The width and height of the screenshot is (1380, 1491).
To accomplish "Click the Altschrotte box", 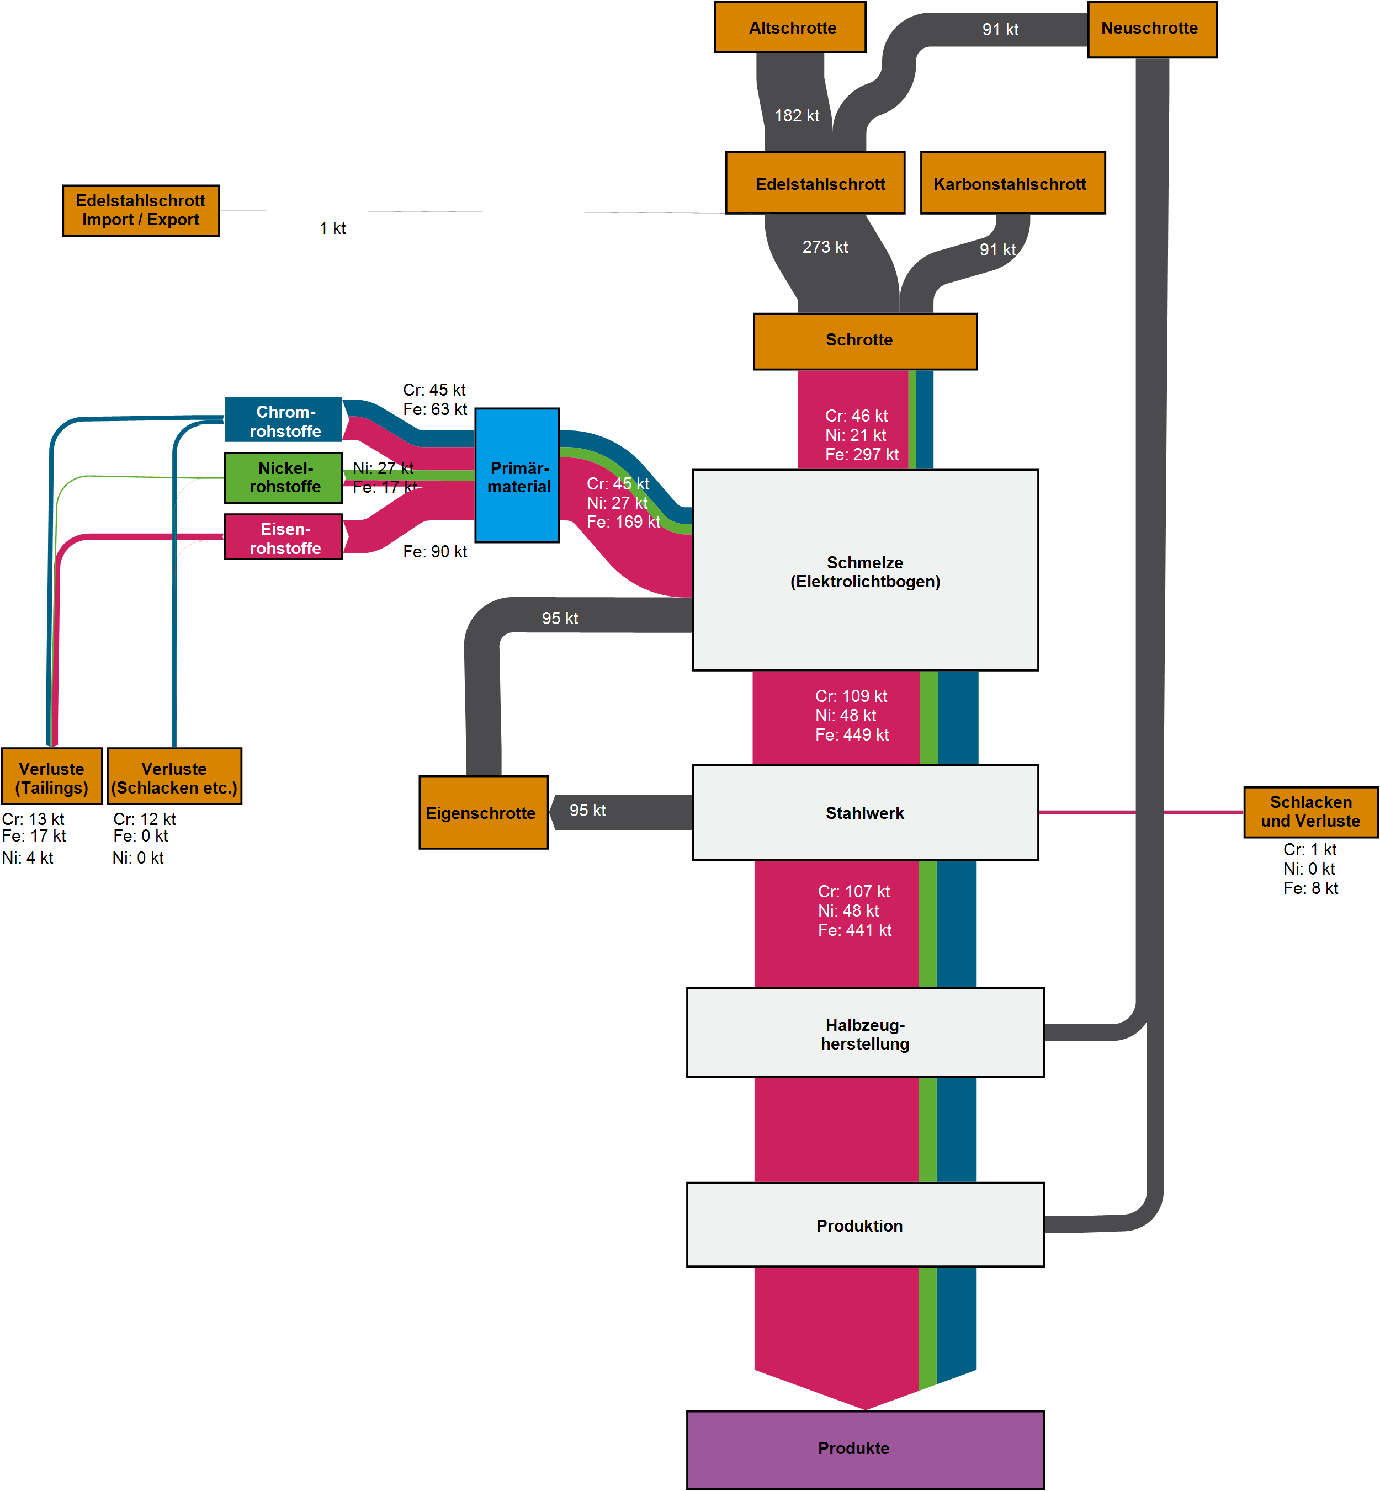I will (x=789, y=28).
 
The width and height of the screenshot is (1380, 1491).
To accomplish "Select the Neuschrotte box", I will (x=1151, y=29).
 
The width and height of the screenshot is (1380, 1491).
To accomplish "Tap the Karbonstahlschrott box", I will (x=1012, y=184).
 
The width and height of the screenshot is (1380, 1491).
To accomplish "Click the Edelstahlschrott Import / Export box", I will (x=140, y=211).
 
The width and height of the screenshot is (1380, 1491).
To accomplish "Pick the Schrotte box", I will (x=865, y=341).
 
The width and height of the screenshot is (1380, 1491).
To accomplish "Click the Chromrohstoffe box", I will (x=283, y=420).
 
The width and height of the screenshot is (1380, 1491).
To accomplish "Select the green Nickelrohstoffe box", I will (x=283, y=478).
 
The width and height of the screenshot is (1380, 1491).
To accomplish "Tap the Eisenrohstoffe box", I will (x=283, y=537).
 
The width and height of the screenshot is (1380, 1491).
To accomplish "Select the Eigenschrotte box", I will (x=483, y=812).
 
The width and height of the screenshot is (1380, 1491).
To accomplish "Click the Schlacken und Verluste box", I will (x=1310, y=812).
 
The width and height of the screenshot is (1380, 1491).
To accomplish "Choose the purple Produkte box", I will (x=865, y=1449).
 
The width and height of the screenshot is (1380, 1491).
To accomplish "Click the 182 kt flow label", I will (x=796, y=116).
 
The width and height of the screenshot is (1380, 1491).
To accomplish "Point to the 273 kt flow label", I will (x=825, y=247).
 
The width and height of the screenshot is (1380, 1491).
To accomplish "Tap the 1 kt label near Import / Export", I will (x=332, y=228).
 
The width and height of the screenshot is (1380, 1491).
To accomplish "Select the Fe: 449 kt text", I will (x=851, y=734).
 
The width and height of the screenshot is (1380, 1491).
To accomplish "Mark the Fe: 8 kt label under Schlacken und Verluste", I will (x=1310, y=888).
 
